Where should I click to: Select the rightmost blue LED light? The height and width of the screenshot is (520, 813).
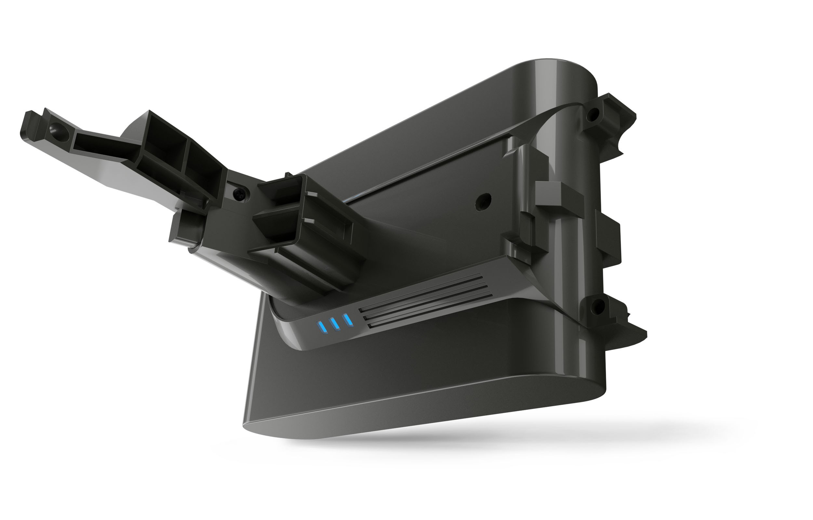(x=348, y=319)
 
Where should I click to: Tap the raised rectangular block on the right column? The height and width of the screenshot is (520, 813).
(x=559, y=195)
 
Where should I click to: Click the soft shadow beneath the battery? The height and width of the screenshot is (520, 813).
(x=507, y=435)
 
